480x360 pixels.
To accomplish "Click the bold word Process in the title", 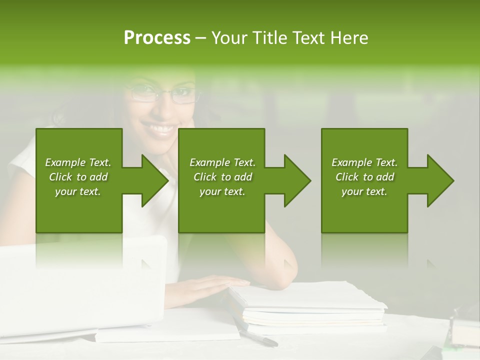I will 157,38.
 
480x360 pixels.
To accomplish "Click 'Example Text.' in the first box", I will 78,162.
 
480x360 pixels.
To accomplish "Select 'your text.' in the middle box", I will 222,191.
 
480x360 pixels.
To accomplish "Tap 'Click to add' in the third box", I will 364,177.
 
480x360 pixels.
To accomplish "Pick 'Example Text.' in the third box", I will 364,162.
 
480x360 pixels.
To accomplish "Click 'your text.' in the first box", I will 78,191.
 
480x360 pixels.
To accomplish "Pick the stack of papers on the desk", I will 310,305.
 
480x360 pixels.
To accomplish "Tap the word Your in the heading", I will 228,38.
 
